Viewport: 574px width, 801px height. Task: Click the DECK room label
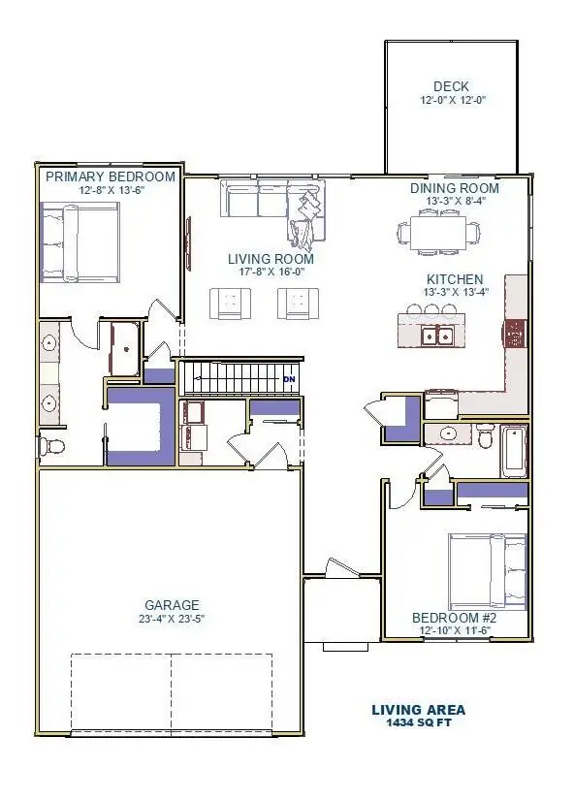(451, 86)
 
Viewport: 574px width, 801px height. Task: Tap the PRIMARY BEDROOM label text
(111, 176)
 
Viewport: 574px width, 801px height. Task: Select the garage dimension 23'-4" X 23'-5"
(172, 619)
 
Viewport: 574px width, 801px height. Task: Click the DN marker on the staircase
(289, 379)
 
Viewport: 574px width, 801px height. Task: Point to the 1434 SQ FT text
(419, 722)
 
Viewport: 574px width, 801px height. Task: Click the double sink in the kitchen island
(437, 336)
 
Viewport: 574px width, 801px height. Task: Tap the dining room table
(438, 234)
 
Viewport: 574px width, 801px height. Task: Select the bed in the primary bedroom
(80, 242)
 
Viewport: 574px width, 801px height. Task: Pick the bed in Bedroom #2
(487, 571)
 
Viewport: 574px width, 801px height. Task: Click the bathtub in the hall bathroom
(513, 451)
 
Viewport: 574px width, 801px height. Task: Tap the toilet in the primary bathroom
(51, 446)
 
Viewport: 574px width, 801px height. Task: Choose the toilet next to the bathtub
(485, 435)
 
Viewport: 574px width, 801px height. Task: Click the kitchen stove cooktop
(515, 334)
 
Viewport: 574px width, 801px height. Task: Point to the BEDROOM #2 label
(454, 618)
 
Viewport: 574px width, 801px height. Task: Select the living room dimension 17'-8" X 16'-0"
(271, 272)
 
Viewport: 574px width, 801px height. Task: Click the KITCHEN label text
(455, 279)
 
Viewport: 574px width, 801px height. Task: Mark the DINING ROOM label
(455, 188)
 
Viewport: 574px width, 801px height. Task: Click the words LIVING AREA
(418, 710)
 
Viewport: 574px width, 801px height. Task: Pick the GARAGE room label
(172, 605)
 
